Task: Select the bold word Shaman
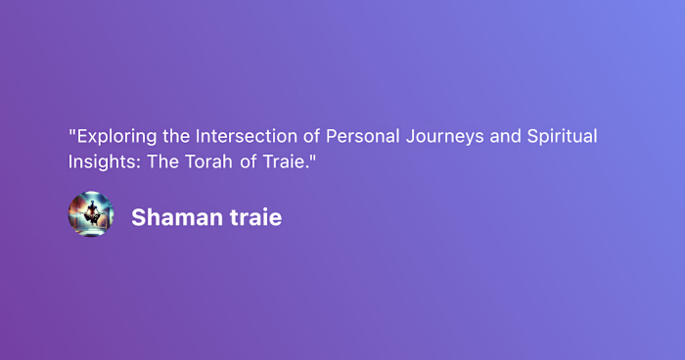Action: (x=173, y=217)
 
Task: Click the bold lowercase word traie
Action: (x=252, y=217)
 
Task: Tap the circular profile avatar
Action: (x=91, y=214)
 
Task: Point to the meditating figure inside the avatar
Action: (x=91, y=212)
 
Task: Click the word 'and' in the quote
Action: (x=504, y=136)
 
